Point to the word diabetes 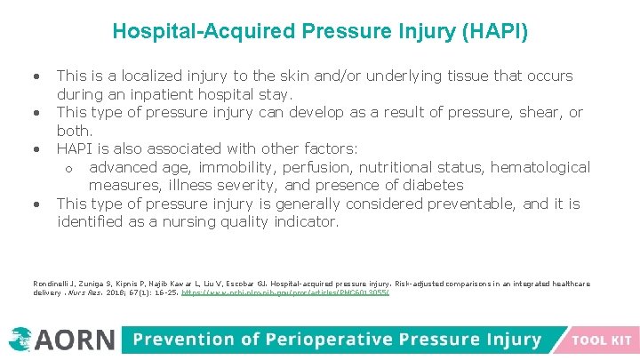[x=432, y=185]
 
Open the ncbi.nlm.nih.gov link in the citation [x=285, y=292]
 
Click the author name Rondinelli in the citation [x=52, y=284]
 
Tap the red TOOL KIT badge [x=602, y=340]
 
